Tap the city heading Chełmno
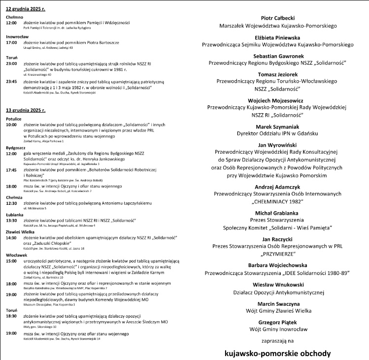pyautogui.click(x=14, y=17)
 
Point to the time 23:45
pyautogui.click(x=11, y=81)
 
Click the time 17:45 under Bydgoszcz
pyautogui.click(x=11, y=170)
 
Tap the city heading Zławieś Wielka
pyautogui.click(x=20, y=231)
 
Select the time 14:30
pyautogui.click(x=11, y=237)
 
